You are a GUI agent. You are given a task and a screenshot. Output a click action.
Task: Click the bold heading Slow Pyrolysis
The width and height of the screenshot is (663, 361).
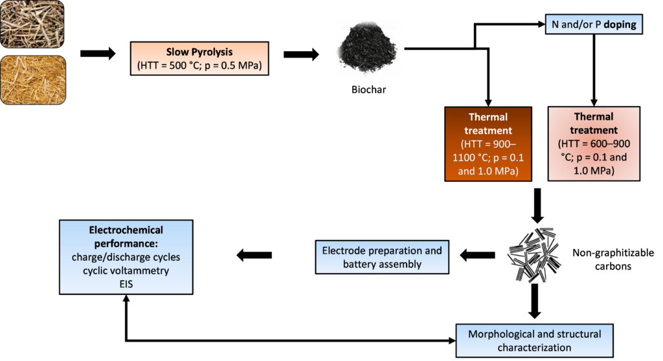(199, 52)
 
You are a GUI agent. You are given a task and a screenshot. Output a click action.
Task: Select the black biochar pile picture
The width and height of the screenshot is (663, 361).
(368, 49)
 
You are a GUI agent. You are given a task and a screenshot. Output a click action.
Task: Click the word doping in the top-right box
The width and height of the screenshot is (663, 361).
(619, 25)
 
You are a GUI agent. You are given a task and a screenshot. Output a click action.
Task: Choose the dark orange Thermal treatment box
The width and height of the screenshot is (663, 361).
(488, 144)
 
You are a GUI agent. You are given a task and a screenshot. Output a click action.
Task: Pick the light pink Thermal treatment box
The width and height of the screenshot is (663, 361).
(594, 143)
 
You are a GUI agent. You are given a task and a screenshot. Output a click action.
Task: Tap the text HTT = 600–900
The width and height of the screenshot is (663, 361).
(594, 144)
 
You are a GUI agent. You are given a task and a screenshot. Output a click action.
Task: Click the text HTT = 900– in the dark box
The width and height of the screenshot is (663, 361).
(488, 144)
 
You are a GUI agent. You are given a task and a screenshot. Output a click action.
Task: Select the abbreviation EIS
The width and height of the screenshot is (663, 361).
(126, 283)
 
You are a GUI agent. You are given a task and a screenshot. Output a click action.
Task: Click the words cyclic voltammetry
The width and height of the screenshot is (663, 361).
(126, 270)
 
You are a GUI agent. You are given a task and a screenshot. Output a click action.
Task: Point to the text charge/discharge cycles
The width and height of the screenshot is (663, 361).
(126, 257)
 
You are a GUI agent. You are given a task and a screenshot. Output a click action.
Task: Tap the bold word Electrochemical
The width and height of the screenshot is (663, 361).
(126, 230)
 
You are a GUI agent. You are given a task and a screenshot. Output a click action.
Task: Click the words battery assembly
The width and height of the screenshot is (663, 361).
(382, 264)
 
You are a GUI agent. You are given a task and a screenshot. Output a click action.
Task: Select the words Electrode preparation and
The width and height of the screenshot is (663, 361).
(382, 250)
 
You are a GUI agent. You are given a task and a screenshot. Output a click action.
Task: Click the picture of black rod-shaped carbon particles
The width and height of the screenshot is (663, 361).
(534, 256)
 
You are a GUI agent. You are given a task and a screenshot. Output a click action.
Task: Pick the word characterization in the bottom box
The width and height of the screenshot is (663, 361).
(534, 347)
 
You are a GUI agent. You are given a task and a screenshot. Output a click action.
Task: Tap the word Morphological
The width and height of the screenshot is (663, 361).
(499, 334)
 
